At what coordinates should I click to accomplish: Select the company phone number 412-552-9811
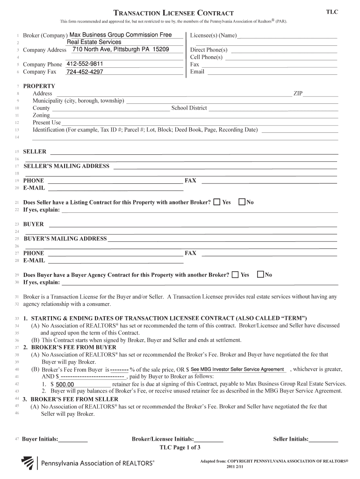(85, 64)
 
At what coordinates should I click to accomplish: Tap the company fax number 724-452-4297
(85, 72)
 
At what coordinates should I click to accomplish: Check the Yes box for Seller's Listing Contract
(217, 202)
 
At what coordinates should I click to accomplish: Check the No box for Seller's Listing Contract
(242, 202)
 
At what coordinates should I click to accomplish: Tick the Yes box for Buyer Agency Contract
(235, 275)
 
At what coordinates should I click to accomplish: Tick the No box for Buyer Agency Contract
(260, 275)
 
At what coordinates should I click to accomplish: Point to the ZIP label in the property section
(298, 94)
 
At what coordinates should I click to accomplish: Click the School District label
(189, 108)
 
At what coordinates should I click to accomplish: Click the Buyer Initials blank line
(73, 440)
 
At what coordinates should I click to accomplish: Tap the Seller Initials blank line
(324, 440)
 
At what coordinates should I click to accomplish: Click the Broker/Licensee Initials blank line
(209, 440)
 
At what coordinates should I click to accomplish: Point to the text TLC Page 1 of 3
(180, 447)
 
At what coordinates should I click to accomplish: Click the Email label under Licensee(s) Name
(197, 72)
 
